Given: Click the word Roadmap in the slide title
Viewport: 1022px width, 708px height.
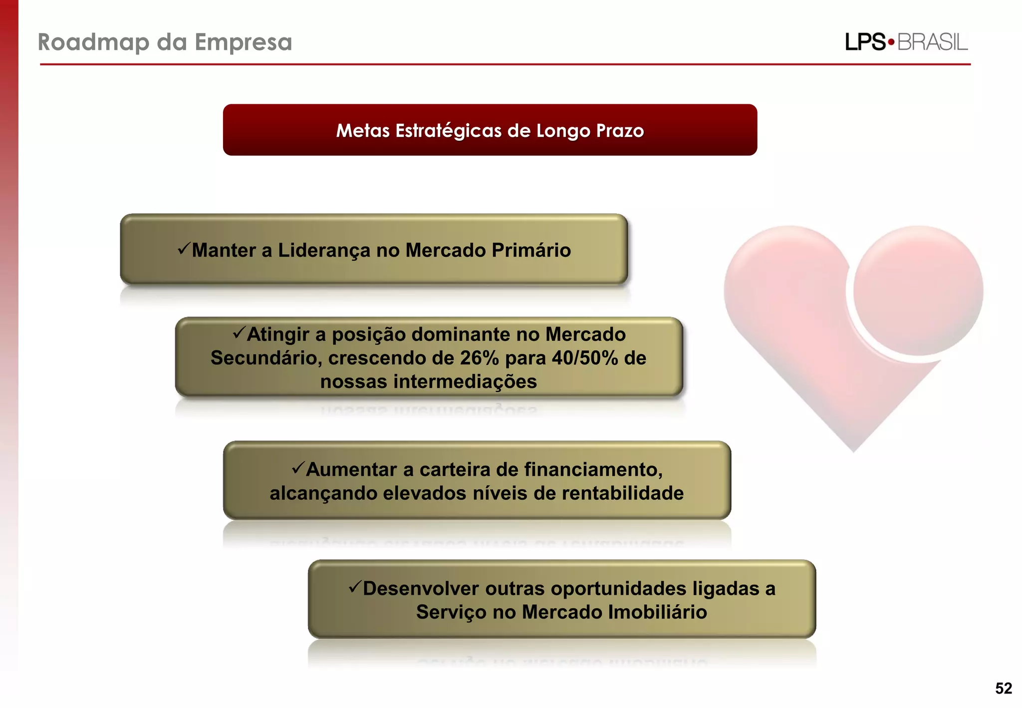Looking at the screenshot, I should (x=93, y=42).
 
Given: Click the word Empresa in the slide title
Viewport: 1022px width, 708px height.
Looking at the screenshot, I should (x=243, y=42).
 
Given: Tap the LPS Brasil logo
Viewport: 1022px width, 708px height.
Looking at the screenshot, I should (x=906, y=42).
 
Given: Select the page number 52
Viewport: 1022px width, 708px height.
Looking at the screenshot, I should (x=1004, y=689).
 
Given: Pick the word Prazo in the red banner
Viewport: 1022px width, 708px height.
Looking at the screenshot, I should (x=620, y=131).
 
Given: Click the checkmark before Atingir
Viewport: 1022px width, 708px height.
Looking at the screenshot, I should (x=239, y=333).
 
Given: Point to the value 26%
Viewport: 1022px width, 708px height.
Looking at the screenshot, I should (x=479, y=358).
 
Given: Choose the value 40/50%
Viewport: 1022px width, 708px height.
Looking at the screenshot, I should (x=585, y=358).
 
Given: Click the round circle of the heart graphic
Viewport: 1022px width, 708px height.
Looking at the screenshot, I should (x=918, y=291).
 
